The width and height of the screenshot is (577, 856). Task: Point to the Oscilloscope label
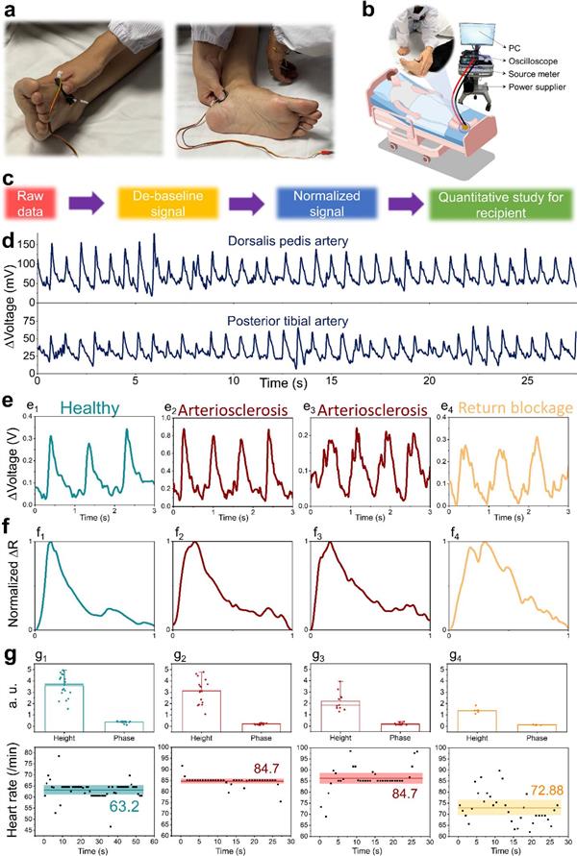point(523,56)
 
